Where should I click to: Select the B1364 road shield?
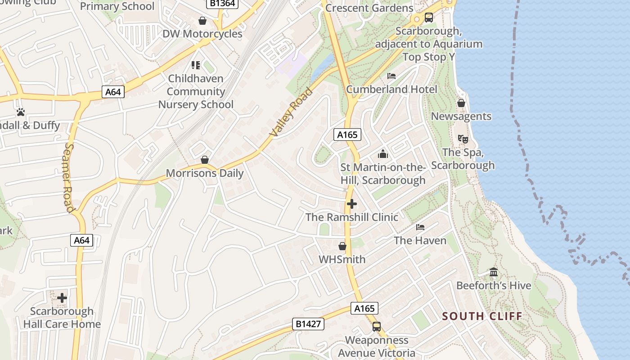coord(222,3)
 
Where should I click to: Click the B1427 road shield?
coord(308,324)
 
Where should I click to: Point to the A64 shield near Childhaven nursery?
coord(113,92)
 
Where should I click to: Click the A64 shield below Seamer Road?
coord(81,240)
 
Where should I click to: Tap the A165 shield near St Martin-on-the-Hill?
coord(347,134)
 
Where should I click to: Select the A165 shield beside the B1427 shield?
coord(364,308)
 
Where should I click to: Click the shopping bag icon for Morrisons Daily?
coord(205,160)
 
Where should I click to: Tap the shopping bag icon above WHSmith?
coord(342,246)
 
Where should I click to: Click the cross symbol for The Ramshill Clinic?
coord(352,204)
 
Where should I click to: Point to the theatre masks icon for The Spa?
coord(463,139)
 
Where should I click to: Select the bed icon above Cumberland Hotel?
coord(391,76)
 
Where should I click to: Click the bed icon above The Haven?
coord(420,227)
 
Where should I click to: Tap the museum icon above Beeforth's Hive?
coord(494,272)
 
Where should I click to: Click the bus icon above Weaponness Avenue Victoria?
coord(377,327)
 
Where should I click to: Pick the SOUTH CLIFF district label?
coord(482,316)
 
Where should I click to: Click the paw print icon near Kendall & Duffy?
coord(21,112)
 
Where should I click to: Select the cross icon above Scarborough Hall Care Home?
coord(62,298)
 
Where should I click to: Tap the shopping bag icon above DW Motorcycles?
coord(202,21)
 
